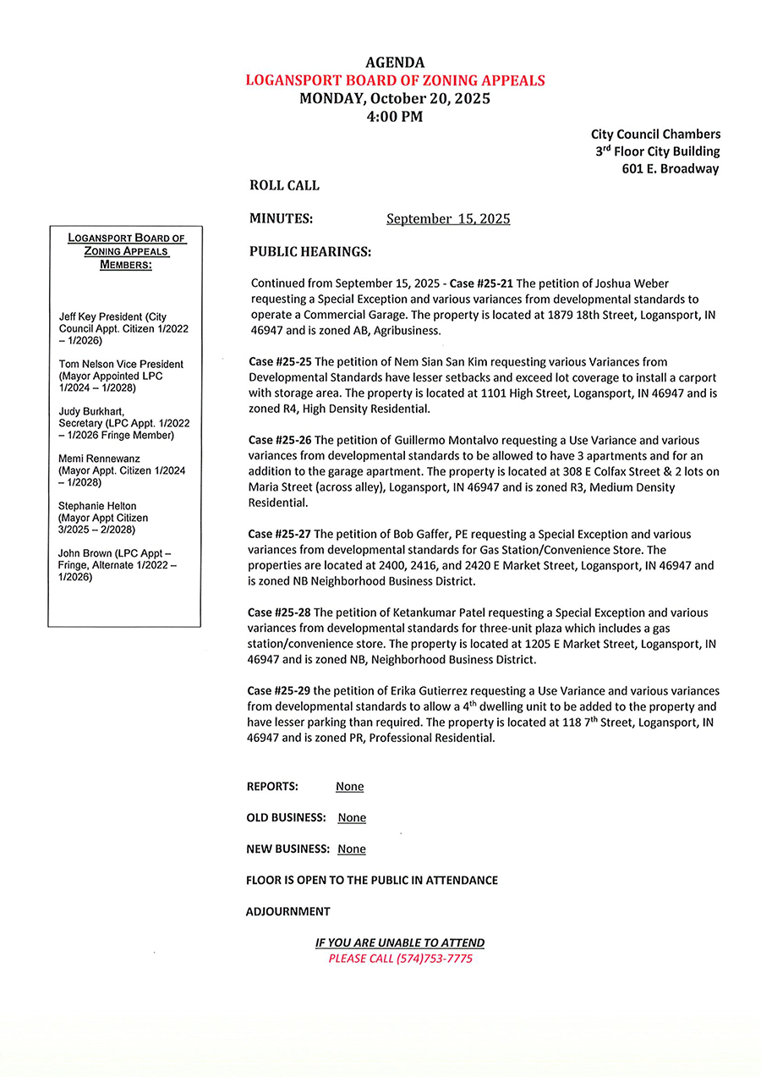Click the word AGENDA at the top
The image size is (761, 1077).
coord(395,63)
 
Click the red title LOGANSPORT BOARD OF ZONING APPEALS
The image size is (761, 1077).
coord(395,80)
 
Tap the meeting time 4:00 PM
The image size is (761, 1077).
coord(395,117)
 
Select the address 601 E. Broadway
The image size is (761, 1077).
coord(670,168)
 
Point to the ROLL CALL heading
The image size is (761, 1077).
coord(284,185)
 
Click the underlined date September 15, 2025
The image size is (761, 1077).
coord(448,219)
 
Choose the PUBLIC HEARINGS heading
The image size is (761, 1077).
coord(310,252)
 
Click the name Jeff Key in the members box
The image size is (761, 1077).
coord(77,317)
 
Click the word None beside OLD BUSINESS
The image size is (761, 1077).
coord(352,818)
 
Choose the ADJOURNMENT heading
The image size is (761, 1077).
coord(288,912)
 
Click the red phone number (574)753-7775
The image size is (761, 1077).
coord(434,959)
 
